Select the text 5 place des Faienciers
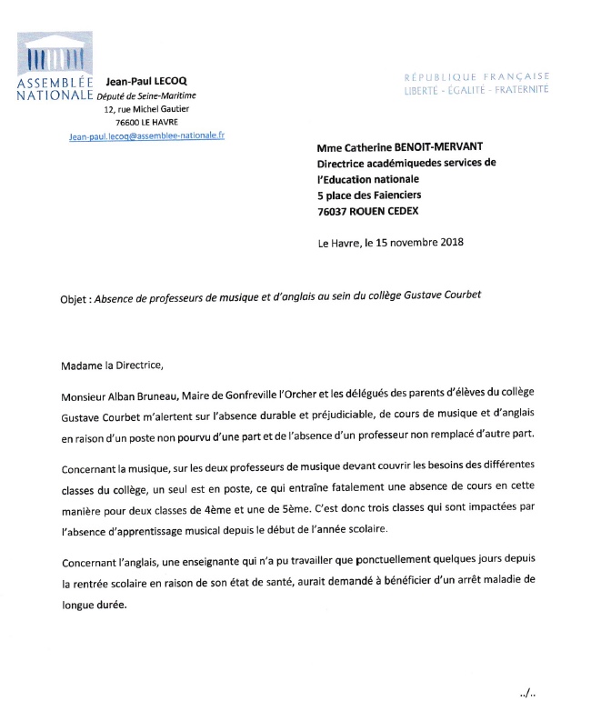[x=369, y=195]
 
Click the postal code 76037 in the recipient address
[x=336, y=211]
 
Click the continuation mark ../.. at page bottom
[x=527, y=692]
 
